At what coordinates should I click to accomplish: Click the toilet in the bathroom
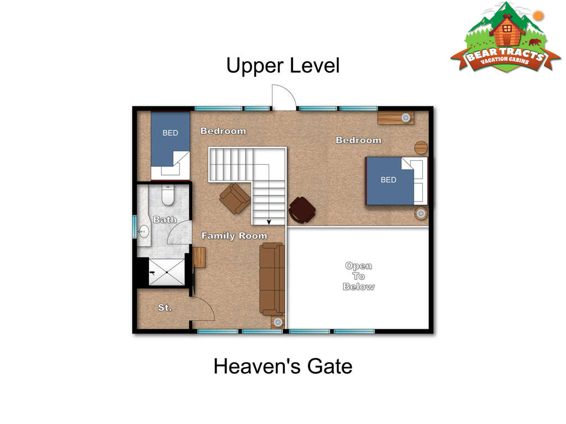click(x=168, y=195)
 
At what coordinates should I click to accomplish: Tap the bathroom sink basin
click(x=144, y=231)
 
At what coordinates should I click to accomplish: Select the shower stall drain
click(x=167, y=272)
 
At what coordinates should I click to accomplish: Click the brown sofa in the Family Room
click(x=272, y=279)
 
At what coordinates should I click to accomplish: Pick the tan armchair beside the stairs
click(x=234, y=199)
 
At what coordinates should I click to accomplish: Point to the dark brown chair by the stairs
click(x=302, y=209)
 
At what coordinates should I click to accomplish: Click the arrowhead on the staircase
click(x=269, y=222)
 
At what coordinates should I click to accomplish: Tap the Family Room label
click(x=234, y=236)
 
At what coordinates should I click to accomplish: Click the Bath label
click(x=165, y=220)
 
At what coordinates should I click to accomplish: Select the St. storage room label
click(x=165, y=308)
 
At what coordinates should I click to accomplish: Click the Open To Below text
click(x=358, y=276)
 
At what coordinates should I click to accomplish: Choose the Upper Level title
click(x=283, y=66)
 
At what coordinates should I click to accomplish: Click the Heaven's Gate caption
click(x=283, y=367)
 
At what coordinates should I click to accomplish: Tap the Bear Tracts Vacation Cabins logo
click(x=505, y=38)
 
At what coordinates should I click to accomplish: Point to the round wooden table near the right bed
click(x=421, y=147)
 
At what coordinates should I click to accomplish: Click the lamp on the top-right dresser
click(x=406, y=118)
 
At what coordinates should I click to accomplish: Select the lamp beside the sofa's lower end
click(x=278, y=322)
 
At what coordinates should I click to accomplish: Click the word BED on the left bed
click(x=170, y=133)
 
